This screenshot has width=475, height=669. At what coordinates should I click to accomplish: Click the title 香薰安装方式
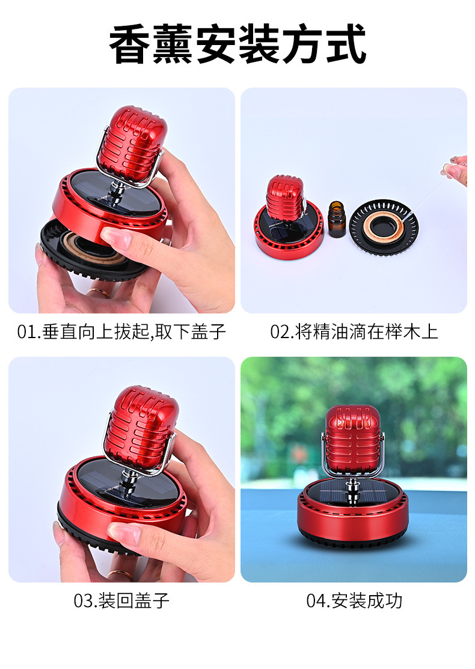coord(237,45)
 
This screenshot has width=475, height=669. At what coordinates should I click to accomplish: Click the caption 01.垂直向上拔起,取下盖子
coord(122,332)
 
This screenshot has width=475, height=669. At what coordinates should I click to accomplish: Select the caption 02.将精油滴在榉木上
coord(354,332)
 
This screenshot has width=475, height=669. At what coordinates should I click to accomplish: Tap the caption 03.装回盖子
coord(122,601)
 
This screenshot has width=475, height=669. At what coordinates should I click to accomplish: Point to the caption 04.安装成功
coord(354,601)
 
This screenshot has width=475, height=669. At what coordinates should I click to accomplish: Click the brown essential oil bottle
coord(337,220)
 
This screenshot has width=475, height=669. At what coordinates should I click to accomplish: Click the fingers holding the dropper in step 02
coord(457,168)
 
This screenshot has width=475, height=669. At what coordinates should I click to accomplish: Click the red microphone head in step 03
coord(141,423)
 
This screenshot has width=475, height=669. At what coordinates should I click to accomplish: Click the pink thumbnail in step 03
coord(123,532)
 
